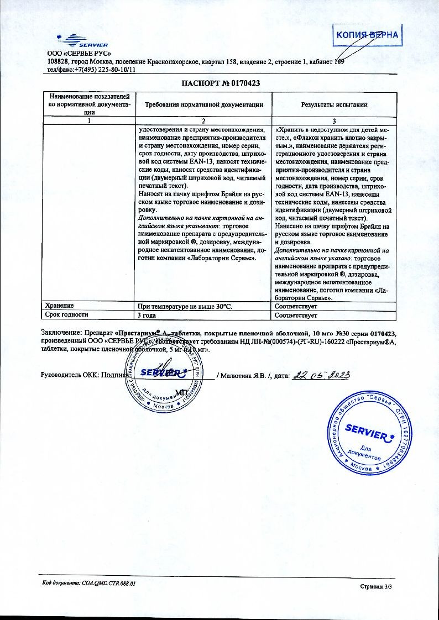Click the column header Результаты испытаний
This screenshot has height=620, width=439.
(x=334, y=104)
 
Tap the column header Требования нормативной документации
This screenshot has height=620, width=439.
(x=204, y=104)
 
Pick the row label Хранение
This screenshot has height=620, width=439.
(x=60, y=306)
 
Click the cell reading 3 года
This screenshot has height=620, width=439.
(x=147, y=316)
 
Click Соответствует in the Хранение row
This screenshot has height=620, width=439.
(x=296, y=306)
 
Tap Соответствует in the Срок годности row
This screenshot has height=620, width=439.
(x=296, y=316)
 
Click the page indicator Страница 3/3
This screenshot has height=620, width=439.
(x=375, y=586)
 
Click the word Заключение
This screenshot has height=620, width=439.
(x=61, y=334)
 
